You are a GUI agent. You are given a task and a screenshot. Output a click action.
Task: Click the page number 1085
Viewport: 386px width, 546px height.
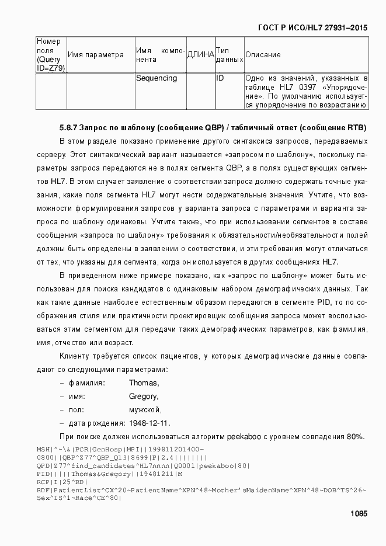click(359, 514)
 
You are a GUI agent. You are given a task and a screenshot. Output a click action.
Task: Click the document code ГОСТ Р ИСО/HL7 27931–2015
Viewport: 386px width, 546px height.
click(314, 27)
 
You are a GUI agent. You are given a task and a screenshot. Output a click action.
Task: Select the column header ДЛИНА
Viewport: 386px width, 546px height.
click(200, 55)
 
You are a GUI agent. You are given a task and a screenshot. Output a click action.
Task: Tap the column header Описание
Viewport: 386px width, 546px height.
click(263, 55)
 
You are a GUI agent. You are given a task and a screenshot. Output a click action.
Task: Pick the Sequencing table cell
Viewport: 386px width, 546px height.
click(156, 78)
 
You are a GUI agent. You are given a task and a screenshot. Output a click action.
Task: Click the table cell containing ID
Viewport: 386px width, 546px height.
click(220, 78)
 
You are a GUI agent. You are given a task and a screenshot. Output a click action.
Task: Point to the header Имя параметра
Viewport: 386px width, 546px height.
click(96, 55)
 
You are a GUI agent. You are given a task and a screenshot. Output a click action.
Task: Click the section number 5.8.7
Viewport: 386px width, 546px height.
click(68, 127)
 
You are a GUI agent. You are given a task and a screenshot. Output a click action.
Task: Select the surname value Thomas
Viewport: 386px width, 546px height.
click(144, 383)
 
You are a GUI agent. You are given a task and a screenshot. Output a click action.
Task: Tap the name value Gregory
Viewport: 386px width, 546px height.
click(144, 397)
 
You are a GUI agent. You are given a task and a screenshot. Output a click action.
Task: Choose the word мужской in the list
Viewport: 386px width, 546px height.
click(145, 410)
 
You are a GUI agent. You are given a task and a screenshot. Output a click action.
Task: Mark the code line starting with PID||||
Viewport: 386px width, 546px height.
click(109, 474)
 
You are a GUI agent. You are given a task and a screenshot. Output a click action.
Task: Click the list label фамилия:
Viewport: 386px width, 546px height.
click(87, 383)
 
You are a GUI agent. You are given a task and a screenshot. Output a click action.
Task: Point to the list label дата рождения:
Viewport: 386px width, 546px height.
click(97, 423)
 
